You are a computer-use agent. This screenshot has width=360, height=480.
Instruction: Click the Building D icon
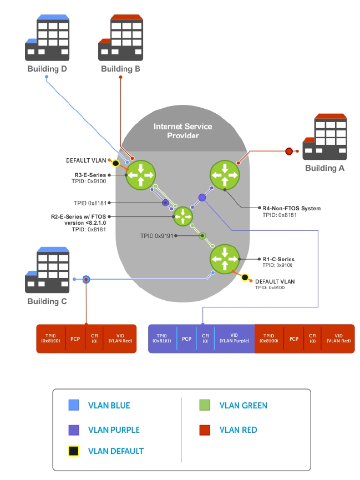click(x=47, y=38)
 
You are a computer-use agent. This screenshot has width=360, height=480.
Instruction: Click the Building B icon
click(x=120, y=38)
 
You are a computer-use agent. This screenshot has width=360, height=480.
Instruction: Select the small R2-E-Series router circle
click(x=181, y=216)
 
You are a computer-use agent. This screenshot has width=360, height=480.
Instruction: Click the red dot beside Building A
click(x=288, y=151)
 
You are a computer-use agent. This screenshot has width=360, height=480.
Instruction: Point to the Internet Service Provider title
click(x=182, y=131)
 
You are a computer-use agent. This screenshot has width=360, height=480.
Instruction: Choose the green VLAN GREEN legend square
click(x=205, y=406)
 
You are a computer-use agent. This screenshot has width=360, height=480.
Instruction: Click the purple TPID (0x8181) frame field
click(x=162, y=338)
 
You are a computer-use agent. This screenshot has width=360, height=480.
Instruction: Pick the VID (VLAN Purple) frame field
click(x=234, y=338)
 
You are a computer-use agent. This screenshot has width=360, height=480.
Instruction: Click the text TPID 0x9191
click(x=158, y=236)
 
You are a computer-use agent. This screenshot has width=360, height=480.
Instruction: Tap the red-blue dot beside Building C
click(x=86, y=280)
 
